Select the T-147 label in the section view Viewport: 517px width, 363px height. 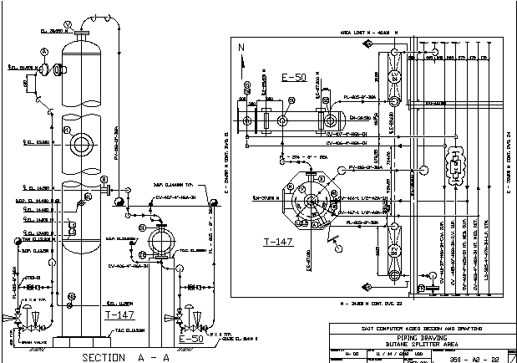click(119, 315)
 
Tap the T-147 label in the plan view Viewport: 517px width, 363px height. click(276, 243)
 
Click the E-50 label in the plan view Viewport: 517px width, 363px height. click(294, 79)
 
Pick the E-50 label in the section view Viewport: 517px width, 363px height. click(191, 340)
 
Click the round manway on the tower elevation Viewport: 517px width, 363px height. click(81, 143)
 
